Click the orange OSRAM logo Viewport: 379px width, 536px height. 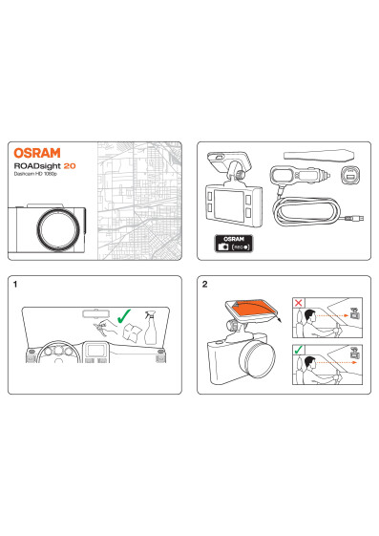37,153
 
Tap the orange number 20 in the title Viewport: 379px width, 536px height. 70,166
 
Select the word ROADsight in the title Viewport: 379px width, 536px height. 37,166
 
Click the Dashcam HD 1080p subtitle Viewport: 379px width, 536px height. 35,174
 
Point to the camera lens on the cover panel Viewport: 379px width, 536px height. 58,228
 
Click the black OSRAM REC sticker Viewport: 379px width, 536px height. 234,244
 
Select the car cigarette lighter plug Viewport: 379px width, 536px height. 300,176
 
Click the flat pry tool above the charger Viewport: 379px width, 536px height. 319,155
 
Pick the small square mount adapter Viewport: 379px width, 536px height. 350,176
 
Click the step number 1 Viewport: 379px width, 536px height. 15,284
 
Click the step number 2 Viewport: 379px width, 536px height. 204,284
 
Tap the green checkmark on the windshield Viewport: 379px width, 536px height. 123,316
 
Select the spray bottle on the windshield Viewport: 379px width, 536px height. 151,328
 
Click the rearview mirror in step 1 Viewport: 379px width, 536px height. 97,313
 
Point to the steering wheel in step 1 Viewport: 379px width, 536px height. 58,352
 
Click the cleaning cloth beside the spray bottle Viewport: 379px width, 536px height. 132,332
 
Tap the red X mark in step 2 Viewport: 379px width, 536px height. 299,303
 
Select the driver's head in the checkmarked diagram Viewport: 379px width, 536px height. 309,362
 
